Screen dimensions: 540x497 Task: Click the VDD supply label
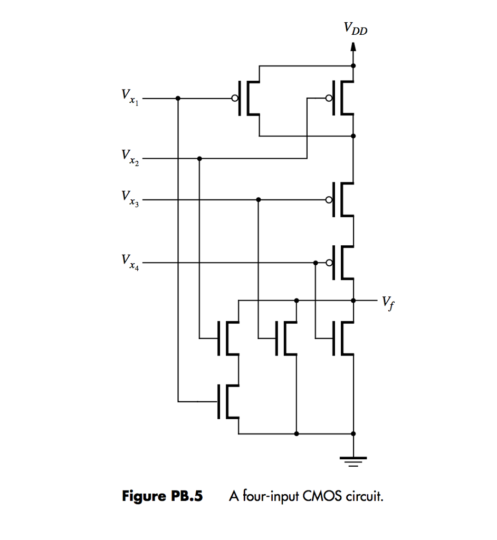[354, 29]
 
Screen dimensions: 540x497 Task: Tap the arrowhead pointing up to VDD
[353, 47]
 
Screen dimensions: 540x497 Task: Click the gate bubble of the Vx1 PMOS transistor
[234, 99]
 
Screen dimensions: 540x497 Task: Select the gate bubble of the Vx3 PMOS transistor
[329, 200]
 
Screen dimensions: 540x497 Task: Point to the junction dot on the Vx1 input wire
[178, 99]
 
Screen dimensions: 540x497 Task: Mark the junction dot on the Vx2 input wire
[199, 158]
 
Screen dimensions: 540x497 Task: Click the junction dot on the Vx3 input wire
[258, 200]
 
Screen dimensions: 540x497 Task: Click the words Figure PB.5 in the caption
[163, 496]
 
